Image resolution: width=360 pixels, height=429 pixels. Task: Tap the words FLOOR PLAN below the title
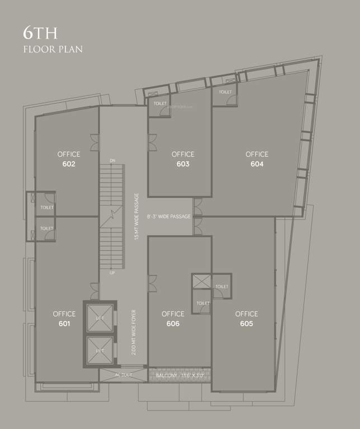[53, 50]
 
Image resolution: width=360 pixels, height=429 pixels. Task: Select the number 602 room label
[69, 164]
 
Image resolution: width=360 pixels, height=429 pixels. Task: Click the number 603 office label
[183, 164]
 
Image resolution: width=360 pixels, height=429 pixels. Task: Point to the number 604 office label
[257, 164]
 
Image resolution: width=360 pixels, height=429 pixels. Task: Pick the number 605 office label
[247, 324]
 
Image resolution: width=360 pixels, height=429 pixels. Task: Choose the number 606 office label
[173, 324]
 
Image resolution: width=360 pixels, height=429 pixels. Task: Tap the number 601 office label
[64, 324]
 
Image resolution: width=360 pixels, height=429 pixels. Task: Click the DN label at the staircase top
[112, 161]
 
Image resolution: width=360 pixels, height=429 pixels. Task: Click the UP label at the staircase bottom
[112, 273]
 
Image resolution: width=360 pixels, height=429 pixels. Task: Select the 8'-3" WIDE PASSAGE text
[169, 216]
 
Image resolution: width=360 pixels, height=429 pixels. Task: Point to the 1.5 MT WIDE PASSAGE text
[136, 217]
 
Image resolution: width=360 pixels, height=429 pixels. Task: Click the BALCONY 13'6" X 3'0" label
[180, 375]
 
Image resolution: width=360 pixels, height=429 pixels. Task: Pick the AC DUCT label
[124, 375]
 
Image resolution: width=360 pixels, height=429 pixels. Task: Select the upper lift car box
[100, 318]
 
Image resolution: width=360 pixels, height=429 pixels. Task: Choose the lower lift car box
[100, 350]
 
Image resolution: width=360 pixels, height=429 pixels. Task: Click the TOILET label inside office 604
[225, 92]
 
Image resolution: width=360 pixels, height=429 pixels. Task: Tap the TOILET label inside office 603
[160, 103]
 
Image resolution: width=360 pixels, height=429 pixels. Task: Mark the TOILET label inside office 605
[221, 287]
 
